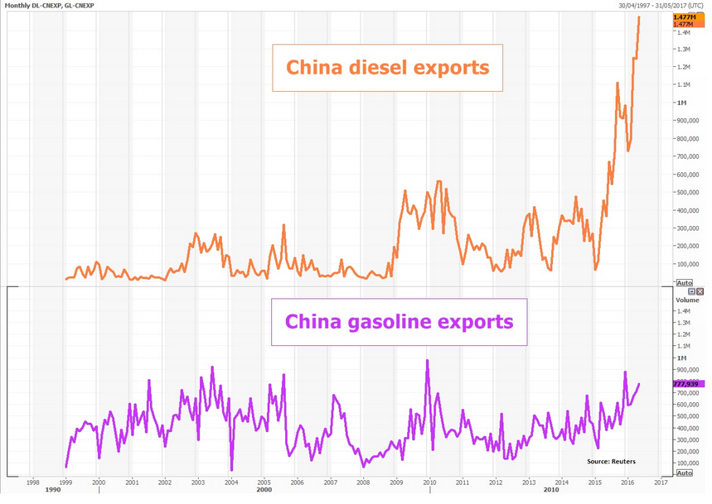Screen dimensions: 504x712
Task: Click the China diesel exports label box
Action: coord(388,68)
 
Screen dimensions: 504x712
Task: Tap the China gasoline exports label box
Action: coord(399,321)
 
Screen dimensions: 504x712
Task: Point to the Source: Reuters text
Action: coord(610,460)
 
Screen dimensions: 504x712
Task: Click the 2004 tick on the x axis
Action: coord(230,482)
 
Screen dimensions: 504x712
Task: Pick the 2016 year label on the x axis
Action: coord(627,482)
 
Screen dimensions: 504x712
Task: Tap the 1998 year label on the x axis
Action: coord(32,482)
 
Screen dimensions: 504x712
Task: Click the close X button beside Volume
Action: coord(701,292)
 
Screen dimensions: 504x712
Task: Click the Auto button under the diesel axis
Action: coord(685,283)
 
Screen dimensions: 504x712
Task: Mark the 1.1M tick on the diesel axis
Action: coord(685,84)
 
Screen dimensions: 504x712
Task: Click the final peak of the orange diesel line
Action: coord(639,17)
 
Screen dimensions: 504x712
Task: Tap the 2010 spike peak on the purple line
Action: coord(428,360)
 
